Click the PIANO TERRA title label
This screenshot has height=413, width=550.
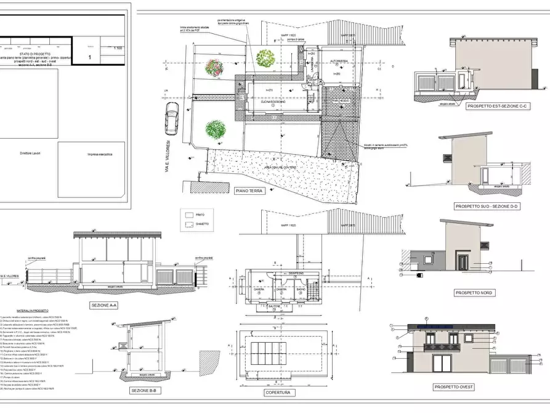point(249,191)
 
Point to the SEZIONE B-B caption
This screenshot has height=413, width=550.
point(145,390)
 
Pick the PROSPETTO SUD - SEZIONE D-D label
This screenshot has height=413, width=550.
point(486,206)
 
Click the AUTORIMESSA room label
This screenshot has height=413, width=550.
point(339,62)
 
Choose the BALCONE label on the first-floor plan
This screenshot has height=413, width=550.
point(275,306)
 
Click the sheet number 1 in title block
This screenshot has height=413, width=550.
point(91,56)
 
